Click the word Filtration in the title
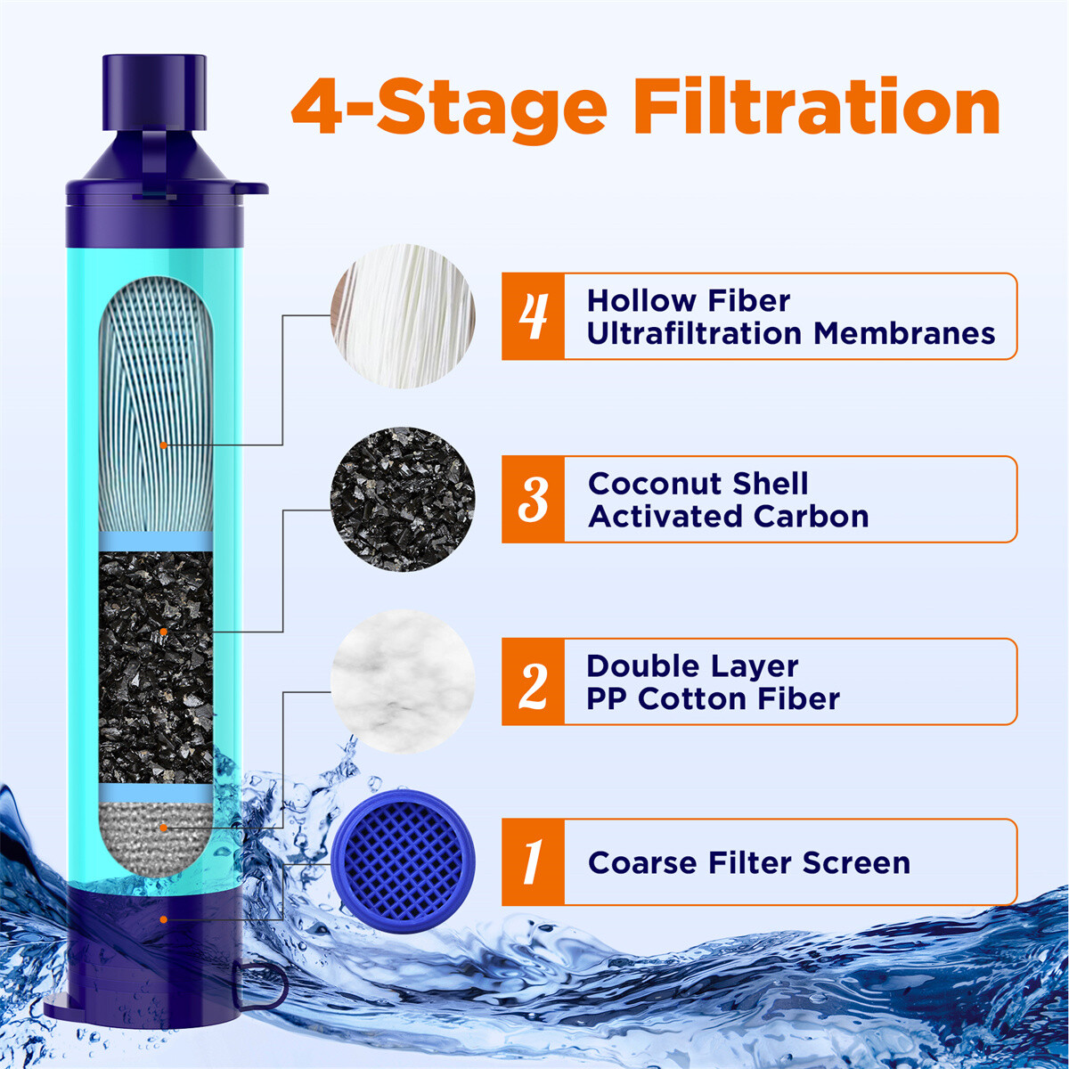(819, 108)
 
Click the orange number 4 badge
(533, 316)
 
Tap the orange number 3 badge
(533, 499)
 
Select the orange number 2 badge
(533, 681)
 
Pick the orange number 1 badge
(533, 862)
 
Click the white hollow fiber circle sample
(403, 316)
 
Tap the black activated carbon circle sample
(403, 499)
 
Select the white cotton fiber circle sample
(403, 681)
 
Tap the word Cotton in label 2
(690, 698)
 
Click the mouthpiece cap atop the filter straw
(155, 94)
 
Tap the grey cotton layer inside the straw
(155, 827)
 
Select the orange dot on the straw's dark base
(163, 918)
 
